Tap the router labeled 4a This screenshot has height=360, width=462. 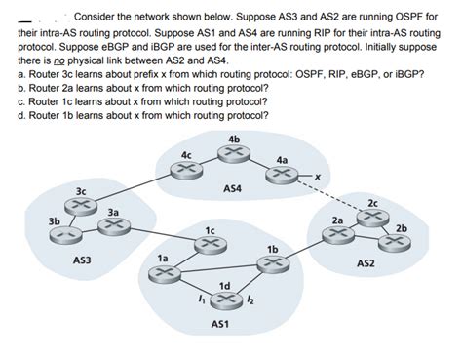tap(282, 175)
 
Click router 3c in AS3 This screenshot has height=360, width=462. tap(79, 207)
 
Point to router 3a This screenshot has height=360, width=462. tap(113, 226)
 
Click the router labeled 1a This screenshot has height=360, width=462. tap(162, 272)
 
